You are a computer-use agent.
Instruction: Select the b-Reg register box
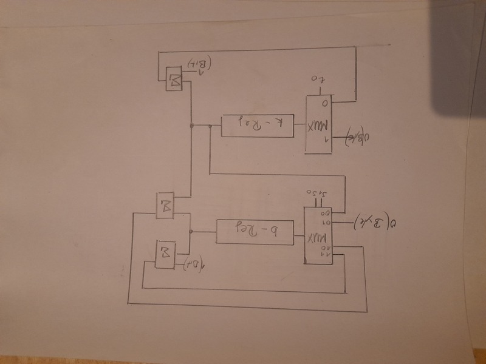[x=255, y=231]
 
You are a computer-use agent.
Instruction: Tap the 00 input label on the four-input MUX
[x=326, y=214]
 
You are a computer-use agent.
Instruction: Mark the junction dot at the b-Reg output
[x=191, y=232]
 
